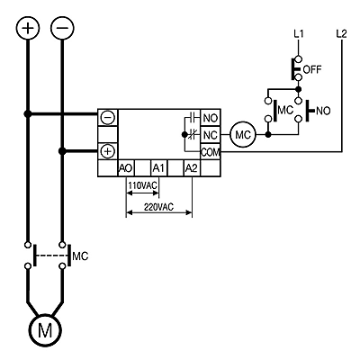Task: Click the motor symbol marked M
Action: (x=45, y=330)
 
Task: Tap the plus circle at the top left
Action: (x=28, y=28)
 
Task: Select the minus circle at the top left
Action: (x=62, y=28)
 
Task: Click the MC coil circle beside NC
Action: (x=243, y=135)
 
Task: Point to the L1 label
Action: (x=299, y=34)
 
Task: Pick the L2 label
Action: (x=342, y=34)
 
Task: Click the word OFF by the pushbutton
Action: (x=312, y=69)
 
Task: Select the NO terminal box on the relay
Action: (x=210, y=118)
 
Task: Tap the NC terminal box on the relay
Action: (x=210, y=135)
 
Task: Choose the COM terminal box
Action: (x=210, y=152)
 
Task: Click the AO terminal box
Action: (x=126, y=168)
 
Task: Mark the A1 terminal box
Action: (x=158, y=168)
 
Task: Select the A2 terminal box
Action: (x=192, y=168)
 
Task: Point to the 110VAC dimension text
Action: (x=142, y=185)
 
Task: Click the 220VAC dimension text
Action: (x=158, y=207)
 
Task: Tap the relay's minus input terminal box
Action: (x=107, y=118)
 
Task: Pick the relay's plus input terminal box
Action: (x=107, y=151)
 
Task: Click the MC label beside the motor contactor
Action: (x=81, y=256)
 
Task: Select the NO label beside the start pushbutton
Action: (x=323, y=111)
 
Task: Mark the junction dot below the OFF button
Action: (x=298, y=89)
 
